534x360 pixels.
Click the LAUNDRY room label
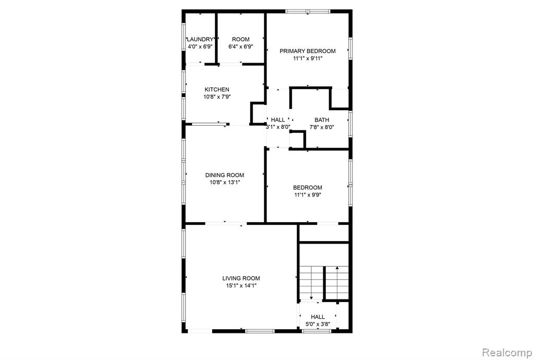point(200,39)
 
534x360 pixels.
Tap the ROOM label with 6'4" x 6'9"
point(241,39)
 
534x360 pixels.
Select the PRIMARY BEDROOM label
point(308,51)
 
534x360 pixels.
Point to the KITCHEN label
point(217,90)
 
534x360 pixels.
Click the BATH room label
point(322,120)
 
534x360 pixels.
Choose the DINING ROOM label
point(225,175)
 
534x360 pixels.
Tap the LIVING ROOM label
point(241,278)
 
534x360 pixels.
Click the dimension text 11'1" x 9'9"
point(308,195)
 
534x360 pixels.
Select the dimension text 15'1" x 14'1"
point(241,286)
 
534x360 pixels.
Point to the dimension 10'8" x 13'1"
point(225,183)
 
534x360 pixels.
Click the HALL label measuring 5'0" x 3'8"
point(318,317)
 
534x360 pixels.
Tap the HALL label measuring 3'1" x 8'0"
point(278,120)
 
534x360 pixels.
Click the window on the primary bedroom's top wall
point(308,11)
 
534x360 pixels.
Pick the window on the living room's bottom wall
point(260,331)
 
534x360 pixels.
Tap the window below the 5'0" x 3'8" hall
point(317,331)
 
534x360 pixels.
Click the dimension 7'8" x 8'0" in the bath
point(322,127)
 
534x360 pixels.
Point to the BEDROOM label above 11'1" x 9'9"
point(308,188)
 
